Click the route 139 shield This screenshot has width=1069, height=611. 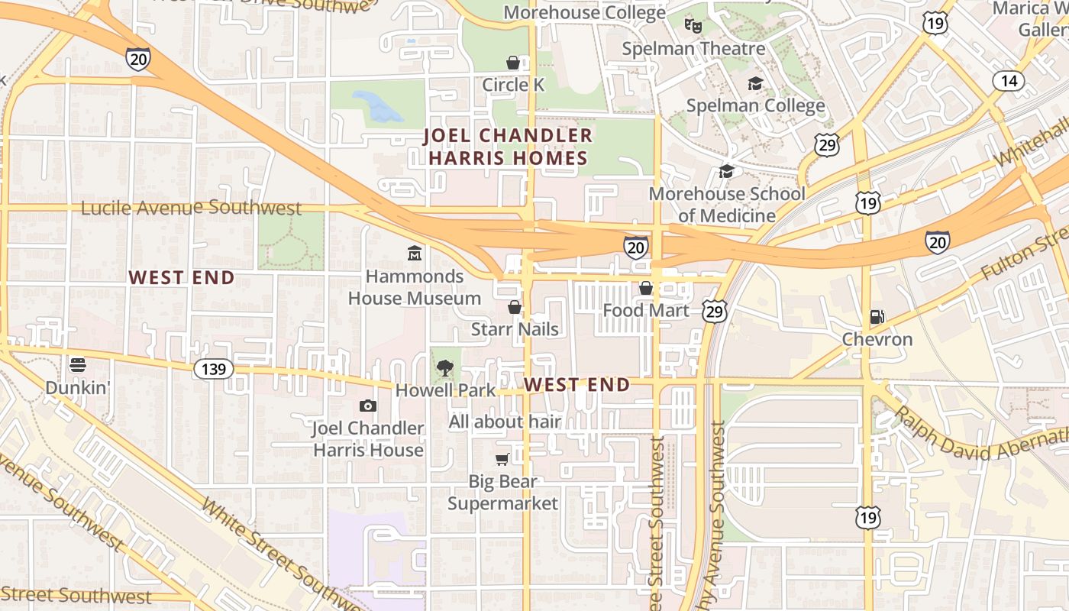(x=214, y=370)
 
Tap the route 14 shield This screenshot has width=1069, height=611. (x=1009, y=81)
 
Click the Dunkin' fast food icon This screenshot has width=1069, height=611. (x=77, y=365)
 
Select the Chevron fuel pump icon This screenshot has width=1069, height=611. (x=877, y=316)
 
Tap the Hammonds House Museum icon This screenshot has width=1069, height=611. (x=415, y=253)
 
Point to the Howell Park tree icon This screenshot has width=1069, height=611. (x=444, y=368)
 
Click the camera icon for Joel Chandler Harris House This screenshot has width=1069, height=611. (x=368, y=406)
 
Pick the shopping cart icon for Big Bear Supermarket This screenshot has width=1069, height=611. (x=502, y=459)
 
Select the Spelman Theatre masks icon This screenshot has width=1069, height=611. (x=693, y=26)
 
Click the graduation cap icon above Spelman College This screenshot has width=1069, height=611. (x=755, y=83)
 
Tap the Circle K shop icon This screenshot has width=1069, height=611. (x=513, y=63)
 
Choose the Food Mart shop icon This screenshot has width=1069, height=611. (x=646, y=288)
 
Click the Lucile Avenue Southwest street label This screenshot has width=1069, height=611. (x=191, y=208)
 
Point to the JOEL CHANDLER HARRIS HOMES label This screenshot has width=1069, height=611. (x=508, y=147)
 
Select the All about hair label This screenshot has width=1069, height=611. (x=505, y=422)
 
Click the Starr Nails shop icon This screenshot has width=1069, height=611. (x=515, y=307)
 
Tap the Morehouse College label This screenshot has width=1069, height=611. (x=584, y=13)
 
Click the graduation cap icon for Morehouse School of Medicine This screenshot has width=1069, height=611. (x=726, y=171)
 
